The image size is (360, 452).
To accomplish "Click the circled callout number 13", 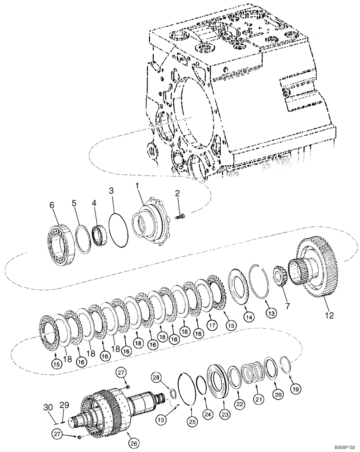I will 270,313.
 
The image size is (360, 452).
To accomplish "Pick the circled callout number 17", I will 211,324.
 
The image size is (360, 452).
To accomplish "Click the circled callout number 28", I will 156,377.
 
